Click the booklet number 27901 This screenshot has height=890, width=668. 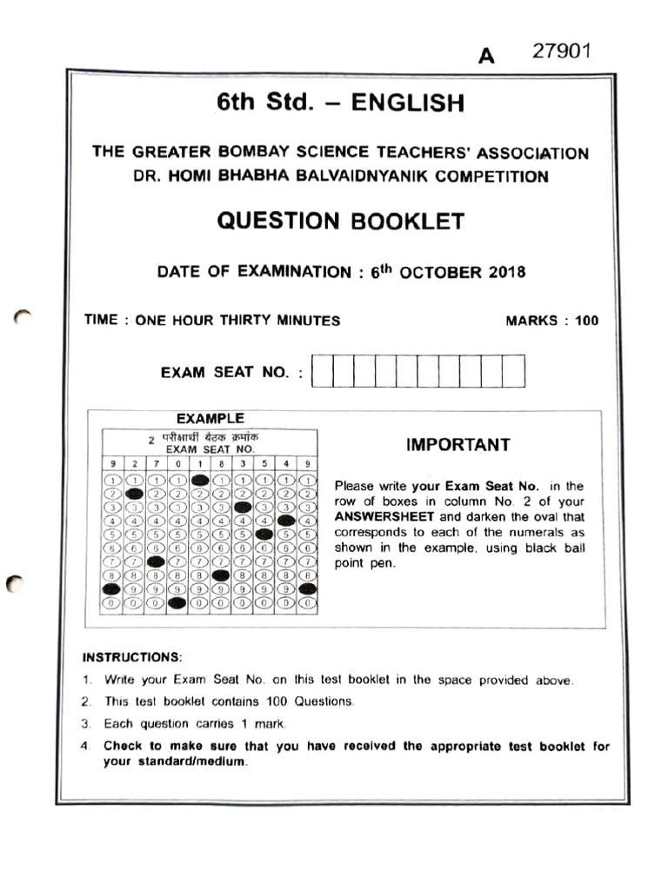(562, 51)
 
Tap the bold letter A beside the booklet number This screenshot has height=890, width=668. (486, 56)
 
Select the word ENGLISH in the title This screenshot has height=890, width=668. (407, 103)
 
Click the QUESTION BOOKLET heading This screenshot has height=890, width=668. (340, 221)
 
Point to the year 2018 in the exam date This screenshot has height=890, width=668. (506, 272)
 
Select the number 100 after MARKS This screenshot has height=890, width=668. (586, 321)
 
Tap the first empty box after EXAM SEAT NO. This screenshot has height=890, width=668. (322, 371)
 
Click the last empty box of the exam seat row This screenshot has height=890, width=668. (514, 371)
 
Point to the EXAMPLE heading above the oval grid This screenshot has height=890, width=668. (210, 419)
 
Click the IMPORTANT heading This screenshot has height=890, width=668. (458, 445)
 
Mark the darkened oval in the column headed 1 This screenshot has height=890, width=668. (199, 480)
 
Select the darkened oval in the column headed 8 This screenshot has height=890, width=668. (221, 575)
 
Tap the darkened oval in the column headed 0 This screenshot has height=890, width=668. (177, 602)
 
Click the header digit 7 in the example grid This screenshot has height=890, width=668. (156, 464)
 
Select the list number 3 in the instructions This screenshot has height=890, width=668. (86, 724)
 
